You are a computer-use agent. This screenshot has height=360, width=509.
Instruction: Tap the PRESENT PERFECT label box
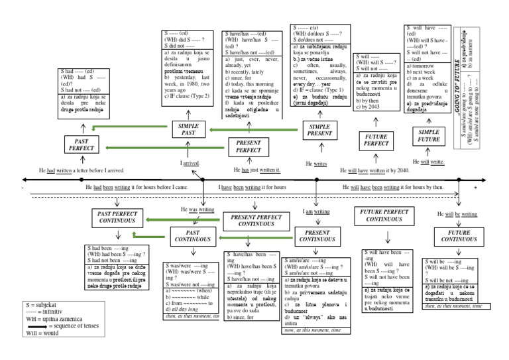coord(249,147)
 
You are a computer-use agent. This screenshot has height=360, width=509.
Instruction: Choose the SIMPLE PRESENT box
coord(319,130)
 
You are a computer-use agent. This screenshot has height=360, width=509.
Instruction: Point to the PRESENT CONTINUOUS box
coord(317,236)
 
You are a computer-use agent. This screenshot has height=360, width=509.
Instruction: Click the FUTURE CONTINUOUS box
coord(459,237)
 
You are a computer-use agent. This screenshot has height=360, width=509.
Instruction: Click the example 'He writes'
coord(316,163)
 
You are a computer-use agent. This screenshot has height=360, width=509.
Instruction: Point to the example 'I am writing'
coord(316,211)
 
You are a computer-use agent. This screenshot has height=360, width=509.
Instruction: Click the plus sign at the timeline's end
coord(476,188)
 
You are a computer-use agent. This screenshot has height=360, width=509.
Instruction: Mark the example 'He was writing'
coord(198,210)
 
